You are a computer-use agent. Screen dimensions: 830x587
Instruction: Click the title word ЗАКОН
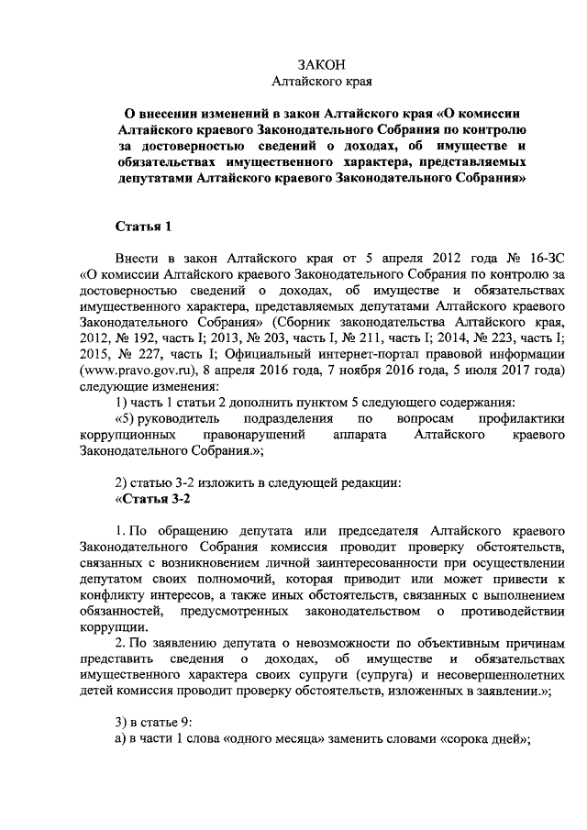pos(322,64)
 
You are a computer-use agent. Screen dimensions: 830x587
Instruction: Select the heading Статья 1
pos(142,226)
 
